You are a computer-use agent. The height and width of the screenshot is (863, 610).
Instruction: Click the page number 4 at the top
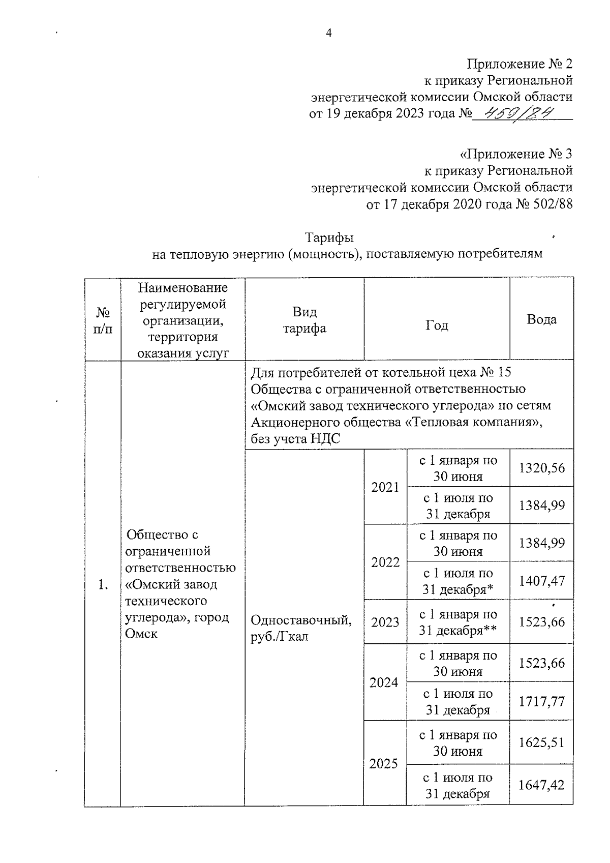pos(328,34)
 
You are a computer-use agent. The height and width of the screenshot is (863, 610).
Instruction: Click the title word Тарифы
pos(329,237)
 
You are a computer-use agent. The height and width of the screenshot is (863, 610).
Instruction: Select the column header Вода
pos(541,319)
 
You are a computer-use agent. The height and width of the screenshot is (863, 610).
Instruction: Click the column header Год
pos(437,325)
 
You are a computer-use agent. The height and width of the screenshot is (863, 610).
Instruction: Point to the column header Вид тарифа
pos(304,320)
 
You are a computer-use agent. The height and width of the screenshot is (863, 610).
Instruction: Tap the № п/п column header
pos(103,320)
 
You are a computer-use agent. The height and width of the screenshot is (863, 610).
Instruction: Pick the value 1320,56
pos(541,468)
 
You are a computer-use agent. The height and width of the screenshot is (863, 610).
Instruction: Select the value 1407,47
pos(541,581)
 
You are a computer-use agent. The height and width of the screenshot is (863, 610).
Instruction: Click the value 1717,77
pos(541,702)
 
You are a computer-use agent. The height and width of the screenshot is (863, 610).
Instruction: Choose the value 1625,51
pos(541,742)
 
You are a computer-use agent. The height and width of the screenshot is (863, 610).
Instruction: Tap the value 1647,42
pos(541,785)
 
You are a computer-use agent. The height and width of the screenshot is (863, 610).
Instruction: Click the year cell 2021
pos(385,487)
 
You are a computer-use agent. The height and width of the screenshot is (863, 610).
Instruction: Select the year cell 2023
pos(385,622)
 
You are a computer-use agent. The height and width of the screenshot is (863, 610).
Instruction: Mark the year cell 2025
pos(384,763)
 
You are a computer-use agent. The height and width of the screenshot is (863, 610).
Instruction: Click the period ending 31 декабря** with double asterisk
pos(457,631)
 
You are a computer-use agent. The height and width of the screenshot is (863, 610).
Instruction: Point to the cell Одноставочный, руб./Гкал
pos(301,628)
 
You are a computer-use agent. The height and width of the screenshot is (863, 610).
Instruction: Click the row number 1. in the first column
pos(103,585)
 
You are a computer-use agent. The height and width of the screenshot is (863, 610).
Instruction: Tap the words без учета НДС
pos(295,439)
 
